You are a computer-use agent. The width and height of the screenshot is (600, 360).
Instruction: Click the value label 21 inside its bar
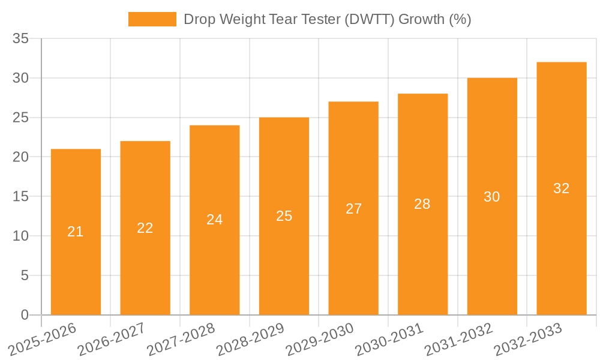[x=76, y=232]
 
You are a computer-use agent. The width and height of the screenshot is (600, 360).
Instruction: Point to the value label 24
[x=215, y=220]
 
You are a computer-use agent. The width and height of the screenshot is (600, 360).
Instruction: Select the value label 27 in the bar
[x=353, y=208]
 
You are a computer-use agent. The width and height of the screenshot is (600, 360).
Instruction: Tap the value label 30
[x=492, y=197]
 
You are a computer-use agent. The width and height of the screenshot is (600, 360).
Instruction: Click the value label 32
[x=561, y=188]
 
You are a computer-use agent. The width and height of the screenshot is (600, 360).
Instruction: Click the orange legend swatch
[x=152, y=19]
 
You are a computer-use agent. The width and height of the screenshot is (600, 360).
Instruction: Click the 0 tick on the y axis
[x=25, y=315]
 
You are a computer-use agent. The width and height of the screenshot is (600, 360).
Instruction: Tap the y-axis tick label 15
[x=21, y=197]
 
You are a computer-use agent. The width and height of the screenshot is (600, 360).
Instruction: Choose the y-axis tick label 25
[x=21, y=118]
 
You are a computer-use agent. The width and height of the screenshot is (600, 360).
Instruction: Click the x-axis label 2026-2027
[x=112, y=339]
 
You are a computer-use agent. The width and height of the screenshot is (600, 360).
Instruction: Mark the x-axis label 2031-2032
[x=458, y=339]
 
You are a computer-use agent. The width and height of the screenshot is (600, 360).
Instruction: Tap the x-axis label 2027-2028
[x=181, y=339]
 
